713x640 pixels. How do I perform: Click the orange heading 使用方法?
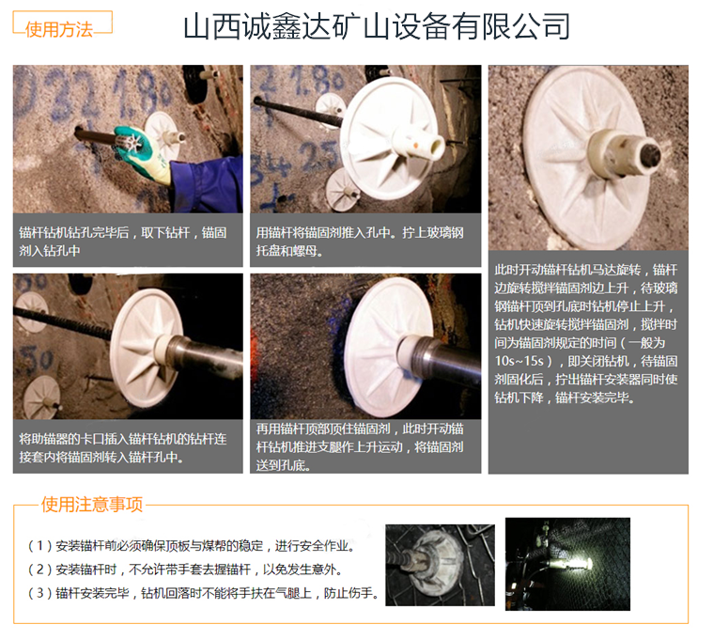pos(58,29)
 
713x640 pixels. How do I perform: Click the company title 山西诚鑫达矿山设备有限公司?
pos(377,26)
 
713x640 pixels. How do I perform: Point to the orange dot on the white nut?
pos(415,146)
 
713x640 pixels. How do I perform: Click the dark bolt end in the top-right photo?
pos(650,156)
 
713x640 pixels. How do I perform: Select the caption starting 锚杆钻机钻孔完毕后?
pos(123,242)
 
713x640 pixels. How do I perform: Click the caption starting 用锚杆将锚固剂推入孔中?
pos(360,242)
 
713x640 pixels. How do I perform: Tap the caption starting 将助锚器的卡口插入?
pos(123,447)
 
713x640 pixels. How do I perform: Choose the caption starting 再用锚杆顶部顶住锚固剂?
pos(360,446)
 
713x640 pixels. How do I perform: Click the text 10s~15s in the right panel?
pos(519,361)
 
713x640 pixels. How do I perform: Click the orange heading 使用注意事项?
pos(92,505)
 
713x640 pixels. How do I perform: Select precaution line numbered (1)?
pos(192,545)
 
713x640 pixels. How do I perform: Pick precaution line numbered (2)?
pos(185,569)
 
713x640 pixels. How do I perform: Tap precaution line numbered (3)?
pos(203,593)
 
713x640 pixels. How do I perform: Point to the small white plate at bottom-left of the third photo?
pos(42,397)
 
